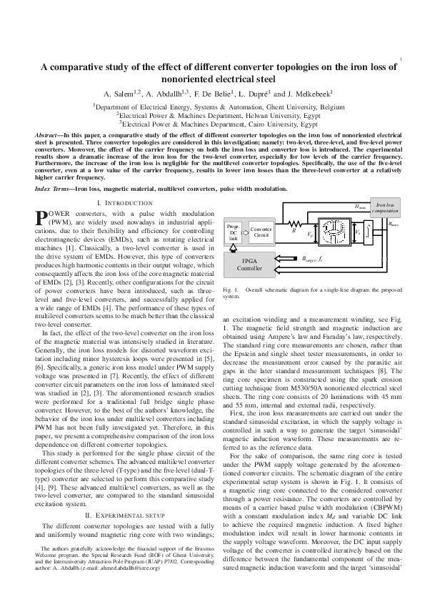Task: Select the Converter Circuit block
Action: [261, 231]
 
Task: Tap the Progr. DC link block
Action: [234, 232]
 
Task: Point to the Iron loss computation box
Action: [388, 208]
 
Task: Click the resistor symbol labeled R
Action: [294, 222]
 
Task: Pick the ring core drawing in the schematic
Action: [334, 232]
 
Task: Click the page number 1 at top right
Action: [404, 59]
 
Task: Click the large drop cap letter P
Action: [41, 217]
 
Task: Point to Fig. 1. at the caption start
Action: [231, 290]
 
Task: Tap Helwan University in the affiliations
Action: [251, 114]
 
